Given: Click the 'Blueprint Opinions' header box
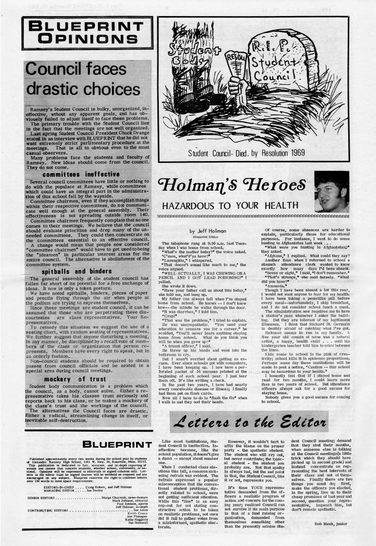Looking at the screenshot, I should click(87, 33).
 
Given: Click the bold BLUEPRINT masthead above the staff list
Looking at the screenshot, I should click(117, 444).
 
